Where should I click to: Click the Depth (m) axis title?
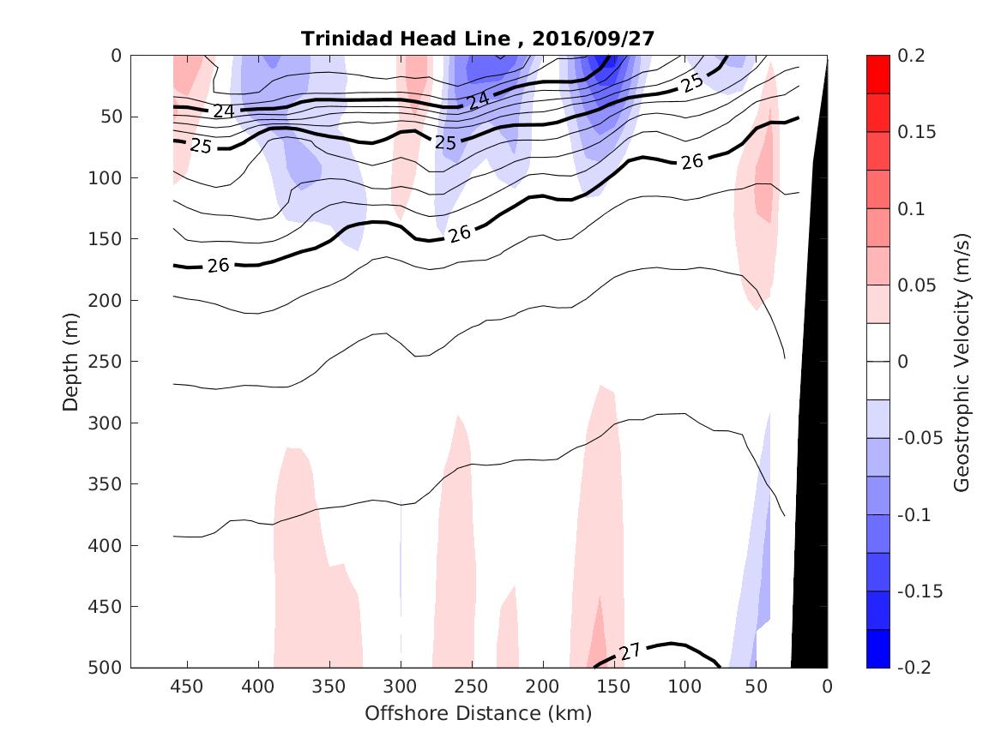70,361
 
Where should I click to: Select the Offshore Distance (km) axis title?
479,713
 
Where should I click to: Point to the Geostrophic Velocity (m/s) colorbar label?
962,361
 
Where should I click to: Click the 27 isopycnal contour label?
630,652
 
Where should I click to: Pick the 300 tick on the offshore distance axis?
401,687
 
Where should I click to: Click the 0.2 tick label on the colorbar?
910,56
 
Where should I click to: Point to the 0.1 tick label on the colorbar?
910,209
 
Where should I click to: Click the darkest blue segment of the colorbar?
877,649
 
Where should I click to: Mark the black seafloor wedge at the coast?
811,514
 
